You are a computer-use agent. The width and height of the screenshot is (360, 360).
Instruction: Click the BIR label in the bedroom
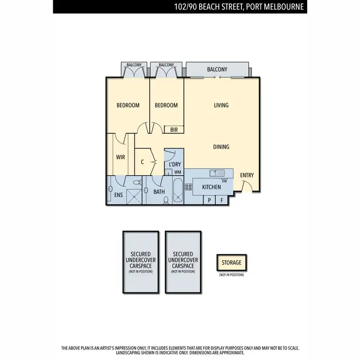tap(173, 130)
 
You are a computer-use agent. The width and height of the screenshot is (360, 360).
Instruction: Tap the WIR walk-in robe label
tap(120, 157)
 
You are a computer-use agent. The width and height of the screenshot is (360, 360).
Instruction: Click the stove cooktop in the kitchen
tap(189, 187)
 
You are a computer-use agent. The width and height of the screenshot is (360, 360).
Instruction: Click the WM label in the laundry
tap(177, 172)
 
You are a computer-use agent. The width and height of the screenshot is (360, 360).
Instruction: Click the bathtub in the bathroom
tap(177, 191)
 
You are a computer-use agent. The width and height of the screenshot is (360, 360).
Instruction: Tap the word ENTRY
tap(247, 175)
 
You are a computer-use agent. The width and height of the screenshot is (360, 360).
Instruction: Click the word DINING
tap(221, 147)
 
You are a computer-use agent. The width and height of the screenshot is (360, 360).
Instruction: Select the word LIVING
tap(221, 105)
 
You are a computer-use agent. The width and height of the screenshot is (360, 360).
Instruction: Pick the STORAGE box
tap(231, 263)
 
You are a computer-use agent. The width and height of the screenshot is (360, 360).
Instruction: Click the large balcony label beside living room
tap(217, 70)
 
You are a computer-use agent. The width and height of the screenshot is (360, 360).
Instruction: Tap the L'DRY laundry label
tap(174, 164)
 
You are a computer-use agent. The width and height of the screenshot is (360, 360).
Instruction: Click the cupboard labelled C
tap(143, 162)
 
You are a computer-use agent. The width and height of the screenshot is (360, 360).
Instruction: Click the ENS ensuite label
tap(119, 194)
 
